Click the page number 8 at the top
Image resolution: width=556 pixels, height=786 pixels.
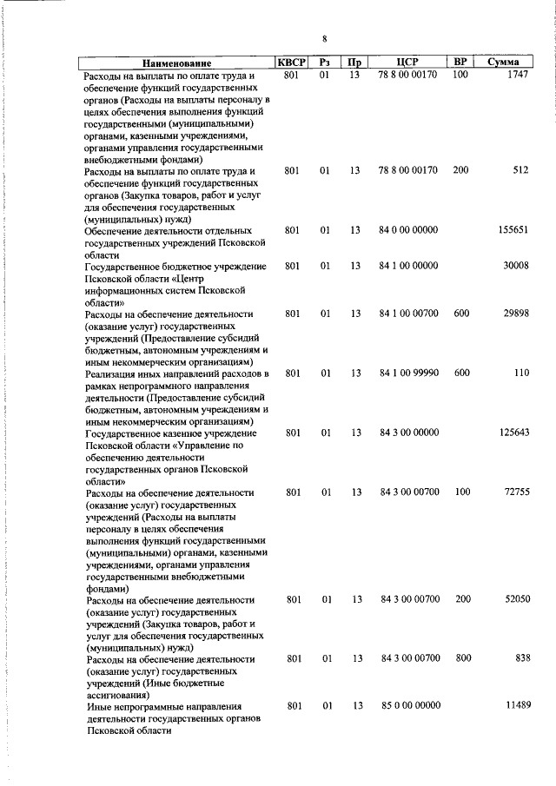tap(323, 39)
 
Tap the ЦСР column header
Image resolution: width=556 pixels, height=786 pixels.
tap(407, 63)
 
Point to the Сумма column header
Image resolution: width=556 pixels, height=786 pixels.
tap(504, 63)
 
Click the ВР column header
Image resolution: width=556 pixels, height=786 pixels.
tap(460, 63)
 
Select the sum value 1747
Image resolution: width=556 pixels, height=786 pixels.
tap(516, 76)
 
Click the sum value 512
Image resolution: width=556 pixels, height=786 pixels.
tap(520, 170)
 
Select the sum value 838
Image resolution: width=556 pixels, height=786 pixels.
tap(522, 659)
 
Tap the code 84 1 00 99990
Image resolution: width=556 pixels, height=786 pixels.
tap(408, 373)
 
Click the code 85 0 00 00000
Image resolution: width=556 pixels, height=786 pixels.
tap(408, 707)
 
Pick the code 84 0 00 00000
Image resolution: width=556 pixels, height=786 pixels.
tap(408, 230)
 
